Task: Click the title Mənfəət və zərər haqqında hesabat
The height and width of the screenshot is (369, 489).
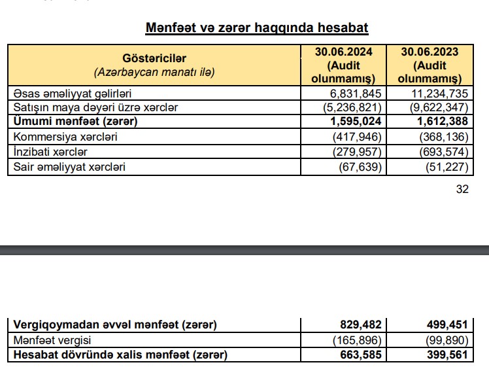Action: [256, 28]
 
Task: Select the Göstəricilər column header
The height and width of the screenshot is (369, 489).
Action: [154, 58]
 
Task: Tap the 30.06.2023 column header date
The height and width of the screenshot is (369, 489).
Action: [430, 52]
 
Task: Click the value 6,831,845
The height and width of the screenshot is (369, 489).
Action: [356, 93]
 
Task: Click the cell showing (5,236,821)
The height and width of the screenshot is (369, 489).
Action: [352, 107]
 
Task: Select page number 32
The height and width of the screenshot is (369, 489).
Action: [462, 190]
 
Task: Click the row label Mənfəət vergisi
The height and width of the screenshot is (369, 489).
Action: [51, 340]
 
